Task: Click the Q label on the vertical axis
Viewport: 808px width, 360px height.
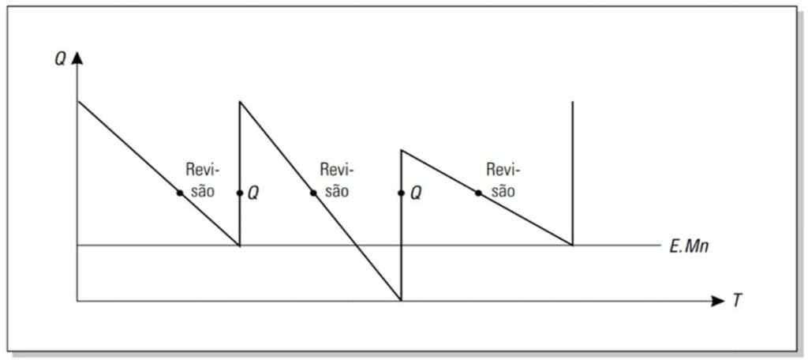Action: click(x=60, y=59)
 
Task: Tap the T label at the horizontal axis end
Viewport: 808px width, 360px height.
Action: click(x=737, y=302)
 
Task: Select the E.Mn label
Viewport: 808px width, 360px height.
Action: click(x=689, y=246)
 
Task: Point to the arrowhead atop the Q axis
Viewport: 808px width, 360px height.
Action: click(x=77, y=58)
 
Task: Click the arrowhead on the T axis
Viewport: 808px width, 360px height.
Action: click(x=718, y=302)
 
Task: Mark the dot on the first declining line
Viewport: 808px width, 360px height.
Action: click(x=180, y=193)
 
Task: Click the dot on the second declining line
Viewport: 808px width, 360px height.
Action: click(x=313, y=193)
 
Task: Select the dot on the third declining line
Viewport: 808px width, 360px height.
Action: click(x=478, y=193)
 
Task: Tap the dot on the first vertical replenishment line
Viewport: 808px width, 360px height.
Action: click(x=240, y=193)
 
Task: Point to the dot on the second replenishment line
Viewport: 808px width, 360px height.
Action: click(x=401, y=193)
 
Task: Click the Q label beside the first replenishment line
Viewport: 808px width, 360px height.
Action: click(x=253, y=194)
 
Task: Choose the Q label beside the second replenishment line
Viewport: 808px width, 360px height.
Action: click(x=416, y=194)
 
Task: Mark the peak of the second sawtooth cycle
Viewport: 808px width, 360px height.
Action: click(x=240, y=102)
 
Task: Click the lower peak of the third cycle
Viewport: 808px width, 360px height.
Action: click(x=402, y=150)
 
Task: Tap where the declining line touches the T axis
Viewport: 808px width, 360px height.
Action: click(x=401, y=301)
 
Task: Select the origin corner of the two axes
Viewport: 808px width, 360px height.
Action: click(x=77, y=302)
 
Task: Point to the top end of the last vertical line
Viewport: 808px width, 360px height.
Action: click(x=573, y=102)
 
